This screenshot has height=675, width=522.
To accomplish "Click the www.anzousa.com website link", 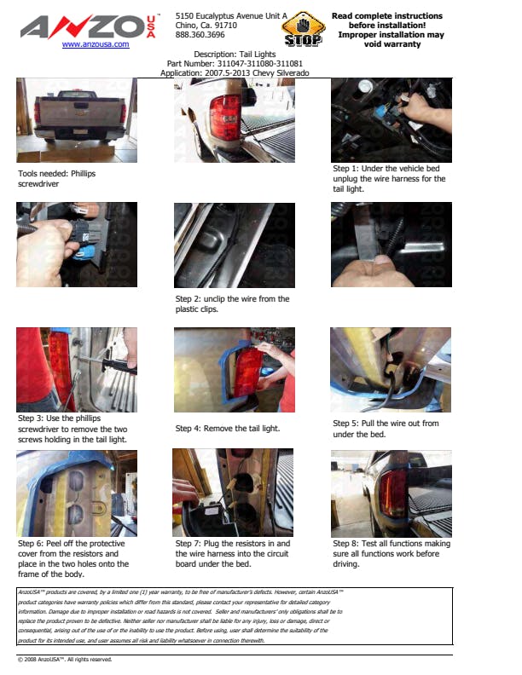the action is pyautogui.click(x=96, y=44).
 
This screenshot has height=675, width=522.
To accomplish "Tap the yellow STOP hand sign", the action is pyautogui.click(x=303, y=29).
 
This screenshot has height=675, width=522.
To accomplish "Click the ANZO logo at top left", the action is pyautogui.click(x=89, y=26).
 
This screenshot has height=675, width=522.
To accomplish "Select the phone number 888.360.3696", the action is pyautogui.click(x=200, y=35).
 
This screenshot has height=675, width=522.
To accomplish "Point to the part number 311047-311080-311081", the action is pyautogui.click(x=259, y=63).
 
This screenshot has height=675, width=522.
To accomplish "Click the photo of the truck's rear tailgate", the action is pyautogui.click(x=77, y=120).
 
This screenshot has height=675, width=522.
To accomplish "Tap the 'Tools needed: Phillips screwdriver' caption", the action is pyautogui.click(x=57, y=179).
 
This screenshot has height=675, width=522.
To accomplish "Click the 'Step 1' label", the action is pyautogui.click(x=345, y=169).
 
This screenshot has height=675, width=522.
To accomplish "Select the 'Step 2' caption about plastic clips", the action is pyautogui.click(x=232, y=304).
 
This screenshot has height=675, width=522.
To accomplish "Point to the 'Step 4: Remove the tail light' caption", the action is pyautogui.click(x=228, y=429).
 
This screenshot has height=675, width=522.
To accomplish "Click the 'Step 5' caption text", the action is pyautogui.click(x=386, y=429).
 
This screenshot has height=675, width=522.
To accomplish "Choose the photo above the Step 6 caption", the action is pyautogui.click(x=77, y=493).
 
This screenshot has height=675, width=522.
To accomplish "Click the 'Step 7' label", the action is pyautogui.click(x=188, y=544).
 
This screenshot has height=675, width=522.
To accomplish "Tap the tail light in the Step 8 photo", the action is pyautogui.click(x=392, y=492).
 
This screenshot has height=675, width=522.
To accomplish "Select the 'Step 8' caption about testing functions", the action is pyautogui.click(x=391, y=554).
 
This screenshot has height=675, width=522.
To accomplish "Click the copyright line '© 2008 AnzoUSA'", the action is pyautogui.click(x=65, y=660).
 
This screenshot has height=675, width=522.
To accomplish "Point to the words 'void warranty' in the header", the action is pyautogui.click(x=392, y=44).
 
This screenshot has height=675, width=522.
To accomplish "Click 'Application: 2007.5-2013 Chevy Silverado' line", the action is pyautogui.click(x=235, y=72).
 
